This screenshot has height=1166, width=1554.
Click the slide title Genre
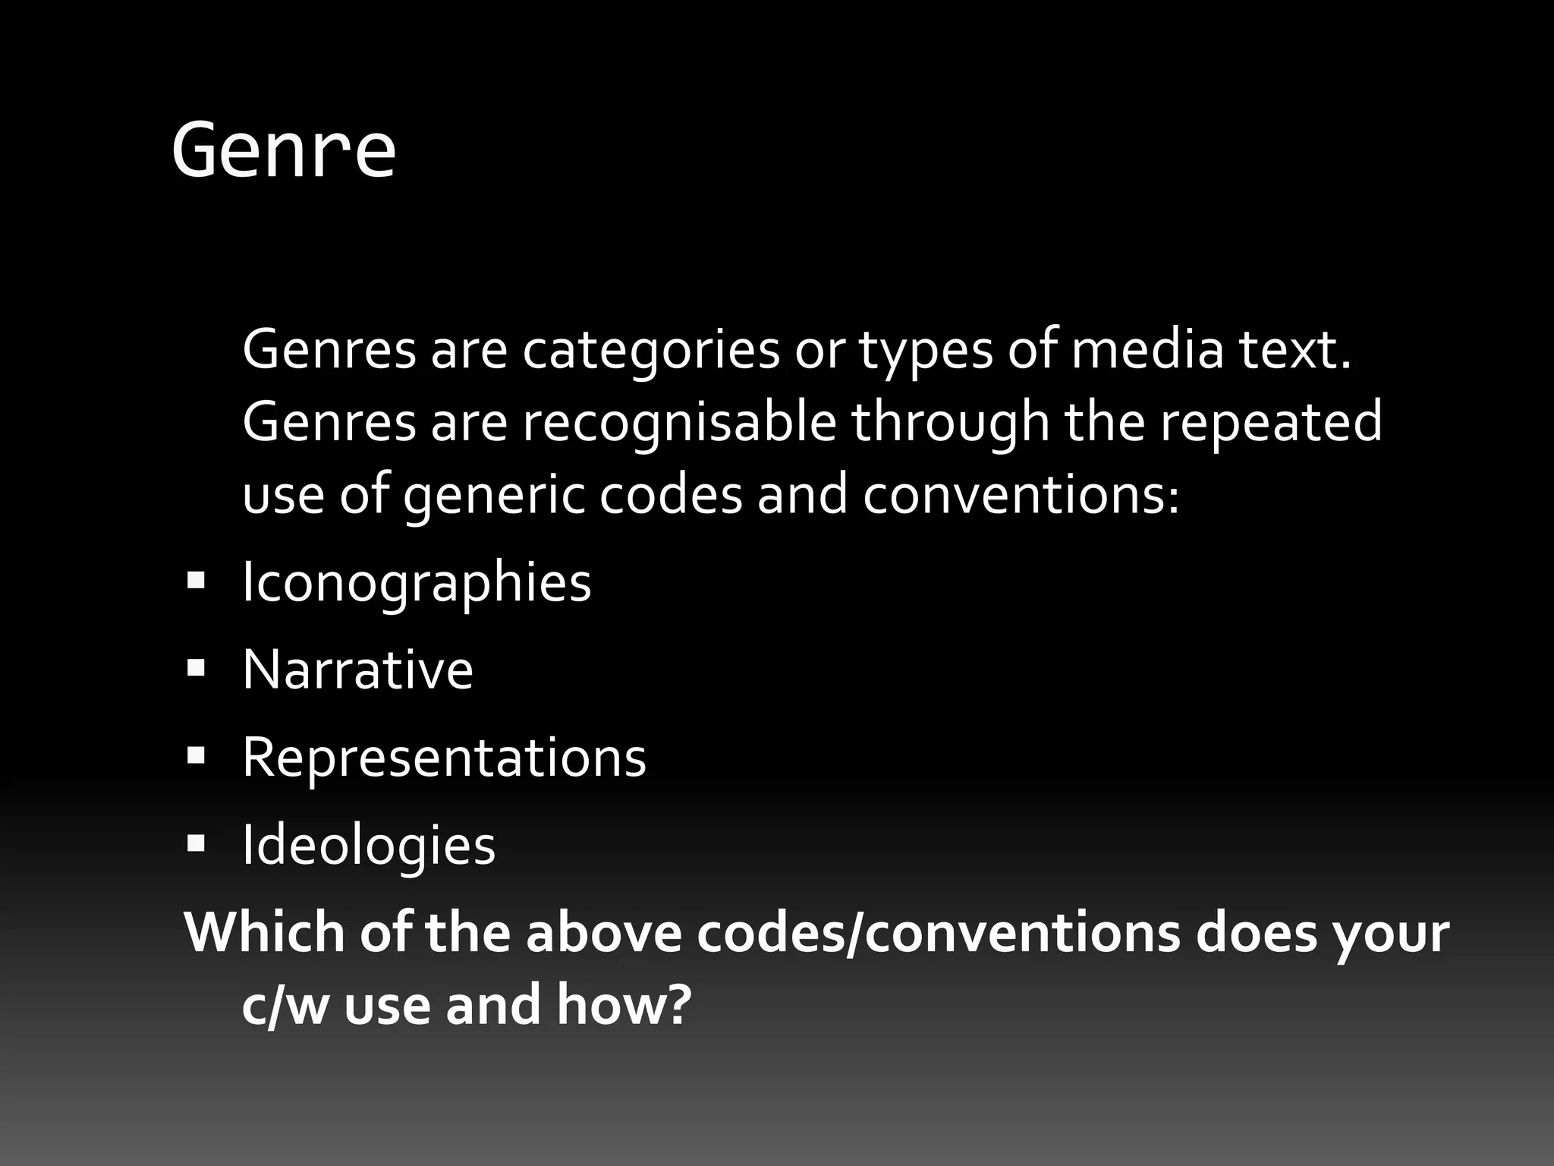284,150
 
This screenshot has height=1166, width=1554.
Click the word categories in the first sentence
651,351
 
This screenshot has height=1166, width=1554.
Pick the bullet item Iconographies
417,583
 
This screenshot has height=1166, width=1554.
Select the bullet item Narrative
357,670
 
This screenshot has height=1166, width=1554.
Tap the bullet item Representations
444,758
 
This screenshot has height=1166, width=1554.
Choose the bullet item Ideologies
369,845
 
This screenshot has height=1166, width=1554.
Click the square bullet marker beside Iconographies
196,581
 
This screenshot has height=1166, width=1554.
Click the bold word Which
264,932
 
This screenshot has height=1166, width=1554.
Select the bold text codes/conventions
939,932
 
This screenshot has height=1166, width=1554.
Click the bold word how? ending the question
624,1004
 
